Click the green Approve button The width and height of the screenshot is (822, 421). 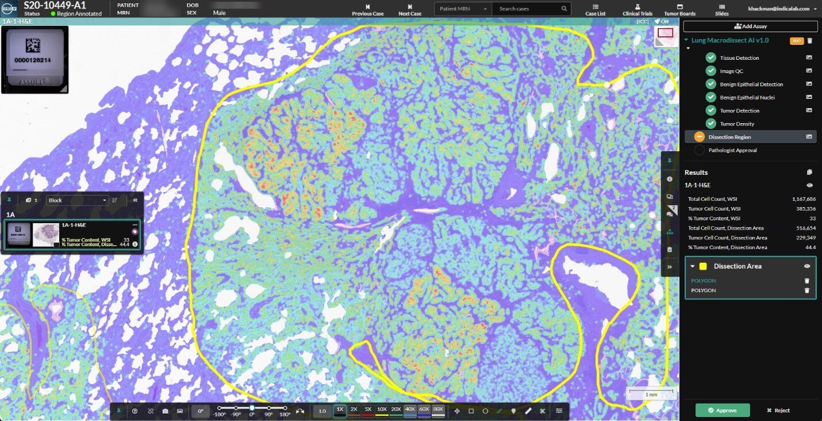click(x=722, y=410)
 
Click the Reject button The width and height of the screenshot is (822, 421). click(x=778, y=410)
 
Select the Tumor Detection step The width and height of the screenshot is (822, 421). click(x=739, y=110)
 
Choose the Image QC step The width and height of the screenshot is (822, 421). click(x=732, y=71)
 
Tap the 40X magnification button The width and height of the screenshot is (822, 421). click(x=410, y=410)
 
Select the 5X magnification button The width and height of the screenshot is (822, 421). click(x=368, y=410)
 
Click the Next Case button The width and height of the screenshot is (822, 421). click(x=410, y=10)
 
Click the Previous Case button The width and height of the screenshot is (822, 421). click(x=367, y=10)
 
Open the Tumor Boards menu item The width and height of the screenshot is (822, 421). click(x=679, y=10)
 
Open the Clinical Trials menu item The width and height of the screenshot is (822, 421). click(x=637, y=10)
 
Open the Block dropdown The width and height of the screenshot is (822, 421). click(x=78, y=200)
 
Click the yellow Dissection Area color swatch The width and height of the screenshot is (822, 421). click(x=702, y=266)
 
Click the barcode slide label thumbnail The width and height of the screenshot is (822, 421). click(x=35, y=59)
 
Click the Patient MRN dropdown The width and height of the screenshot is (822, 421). click(x=463, y=9)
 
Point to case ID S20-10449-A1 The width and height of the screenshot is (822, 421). click(x=55, y=5)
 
